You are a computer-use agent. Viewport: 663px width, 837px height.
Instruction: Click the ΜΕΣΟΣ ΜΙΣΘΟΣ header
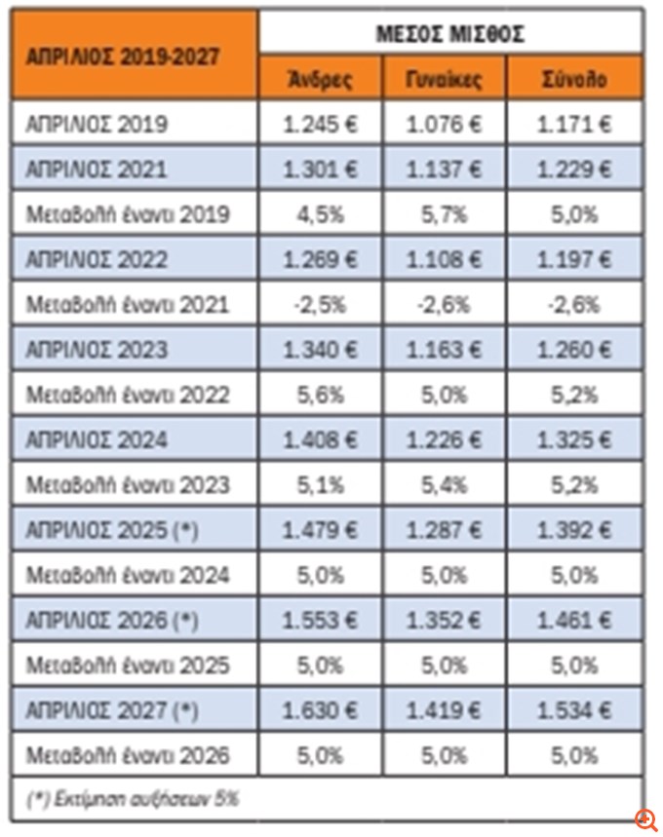coord(450,33)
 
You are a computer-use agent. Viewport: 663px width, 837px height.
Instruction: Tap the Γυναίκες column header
coord(445,79)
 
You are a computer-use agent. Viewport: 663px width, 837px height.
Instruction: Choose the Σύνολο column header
coord(577,79)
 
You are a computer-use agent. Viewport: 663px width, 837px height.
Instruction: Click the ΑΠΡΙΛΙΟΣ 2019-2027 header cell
coord(135,56)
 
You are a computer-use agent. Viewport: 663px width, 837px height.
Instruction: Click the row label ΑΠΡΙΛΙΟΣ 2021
coord(97,170)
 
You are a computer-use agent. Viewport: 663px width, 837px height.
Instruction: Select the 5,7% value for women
coord(445,214)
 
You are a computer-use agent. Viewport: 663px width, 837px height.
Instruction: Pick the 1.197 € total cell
coord(577,259)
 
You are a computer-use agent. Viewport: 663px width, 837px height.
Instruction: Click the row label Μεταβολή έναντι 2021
coord(129,304)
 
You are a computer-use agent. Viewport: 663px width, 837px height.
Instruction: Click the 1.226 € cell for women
coord(445,439)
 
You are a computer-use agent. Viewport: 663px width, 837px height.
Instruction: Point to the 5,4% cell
coord(445,484)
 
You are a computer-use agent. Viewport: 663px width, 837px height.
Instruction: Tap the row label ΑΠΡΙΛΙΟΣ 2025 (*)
coord(113,530)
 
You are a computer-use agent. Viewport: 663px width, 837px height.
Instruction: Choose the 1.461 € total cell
coord(577,620)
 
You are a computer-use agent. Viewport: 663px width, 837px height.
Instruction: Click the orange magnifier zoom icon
coord(645,819)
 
